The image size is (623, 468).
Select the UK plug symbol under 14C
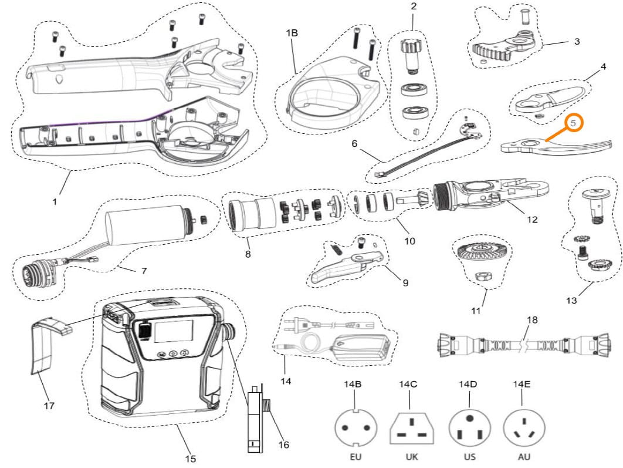pos(412,428)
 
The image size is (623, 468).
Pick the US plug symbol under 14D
pos(469,427)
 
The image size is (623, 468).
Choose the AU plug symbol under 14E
pos(524,427)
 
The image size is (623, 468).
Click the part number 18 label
pos(532,320)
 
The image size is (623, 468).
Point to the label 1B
pos(292,33)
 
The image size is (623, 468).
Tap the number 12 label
pos(531,220)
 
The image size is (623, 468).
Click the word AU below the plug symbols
pos(524,456)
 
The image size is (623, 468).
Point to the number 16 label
pos(283,445)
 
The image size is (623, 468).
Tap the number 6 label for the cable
pos(354,143)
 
